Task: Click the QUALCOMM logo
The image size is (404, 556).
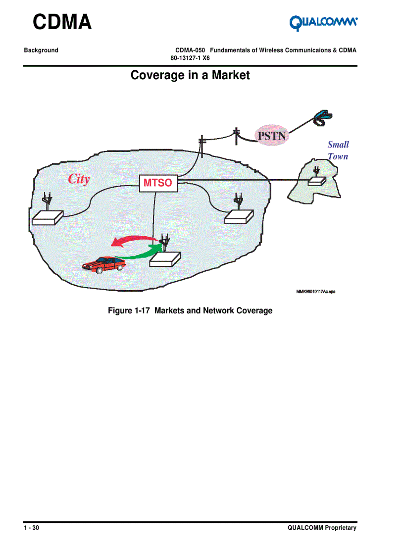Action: tap(323, 22)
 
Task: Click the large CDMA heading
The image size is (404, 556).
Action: tap(62, 22)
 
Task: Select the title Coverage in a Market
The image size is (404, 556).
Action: tap(190, 75)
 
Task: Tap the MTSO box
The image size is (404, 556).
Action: tap(157, 183)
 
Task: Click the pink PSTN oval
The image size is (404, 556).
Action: tap(272, 135)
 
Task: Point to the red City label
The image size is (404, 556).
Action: tap(79, 179)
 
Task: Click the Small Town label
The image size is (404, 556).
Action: tap(338, 151)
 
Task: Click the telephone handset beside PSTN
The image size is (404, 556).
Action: tap(322, 117)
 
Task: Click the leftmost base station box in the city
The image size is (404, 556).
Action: tap(47, 217)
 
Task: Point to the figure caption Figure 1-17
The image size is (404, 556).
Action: tap(190, 311)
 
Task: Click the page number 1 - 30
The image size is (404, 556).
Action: tap(32, 528)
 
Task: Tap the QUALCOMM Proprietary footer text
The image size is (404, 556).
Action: tap(322, 528)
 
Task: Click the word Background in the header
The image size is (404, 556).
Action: tap(41, 51)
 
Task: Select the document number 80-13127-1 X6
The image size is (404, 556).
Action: tap(190, 58)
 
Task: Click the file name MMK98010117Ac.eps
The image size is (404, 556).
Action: tap(315, 292)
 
